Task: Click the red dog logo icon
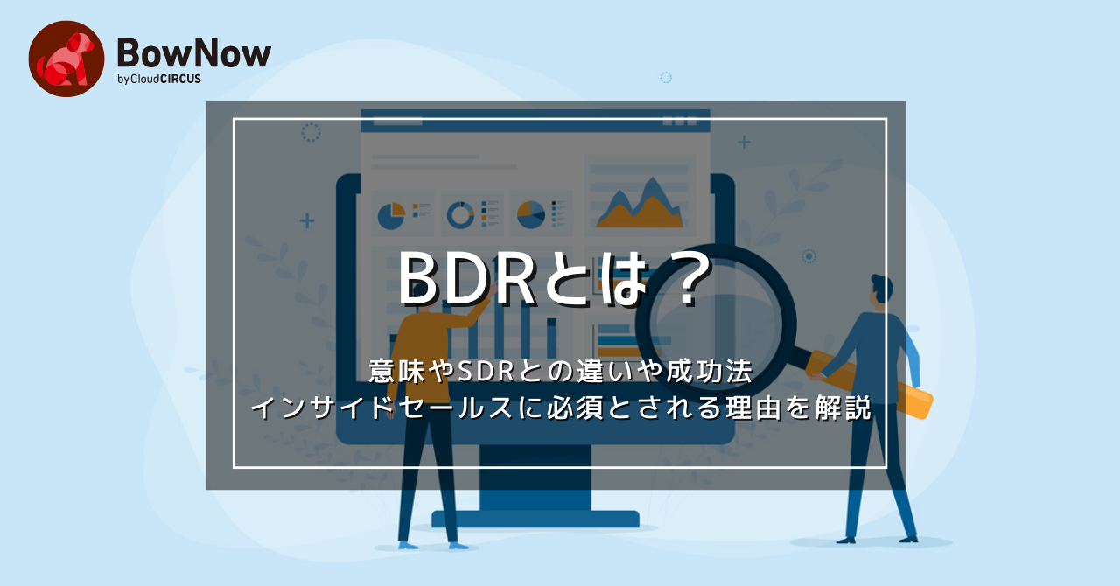[66, 59]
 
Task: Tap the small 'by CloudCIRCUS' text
[158, 80]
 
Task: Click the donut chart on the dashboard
[461, 214]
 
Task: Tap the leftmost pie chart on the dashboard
[391, 214]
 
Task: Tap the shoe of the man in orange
[409, 544]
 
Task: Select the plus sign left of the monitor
[307, 220]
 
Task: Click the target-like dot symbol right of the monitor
[809, 256]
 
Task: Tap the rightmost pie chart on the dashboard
[530, 214]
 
